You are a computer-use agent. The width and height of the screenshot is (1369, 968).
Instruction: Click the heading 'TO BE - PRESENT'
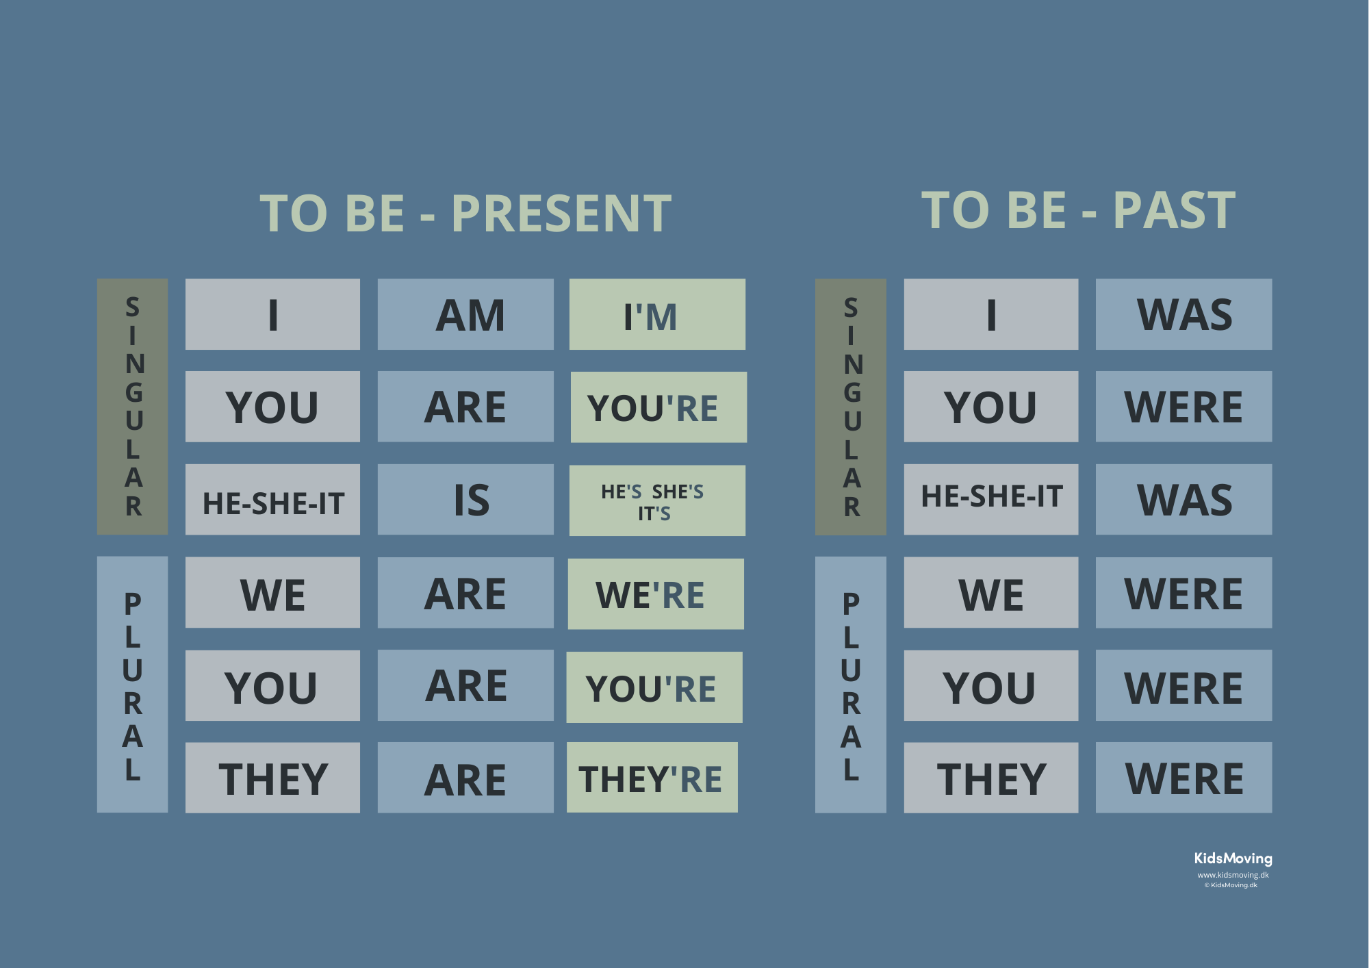coord(465,214)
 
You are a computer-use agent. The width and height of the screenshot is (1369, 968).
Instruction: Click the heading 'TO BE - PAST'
coord(1078,210)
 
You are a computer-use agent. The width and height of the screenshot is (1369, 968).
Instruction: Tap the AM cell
coord(465,314)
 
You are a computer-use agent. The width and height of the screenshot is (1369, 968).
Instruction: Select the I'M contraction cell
coord(657,314)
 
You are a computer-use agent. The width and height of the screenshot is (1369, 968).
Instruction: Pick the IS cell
coord(465,499)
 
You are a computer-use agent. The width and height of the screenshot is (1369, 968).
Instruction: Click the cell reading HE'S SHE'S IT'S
coord(657,500)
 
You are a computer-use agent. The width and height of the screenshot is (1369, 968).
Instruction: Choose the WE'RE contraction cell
coord(656,594)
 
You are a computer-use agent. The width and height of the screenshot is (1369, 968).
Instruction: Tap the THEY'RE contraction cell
coord(652,778)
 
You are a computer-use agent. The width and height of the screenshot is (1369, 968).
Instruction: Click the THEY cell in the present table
coord(272,778)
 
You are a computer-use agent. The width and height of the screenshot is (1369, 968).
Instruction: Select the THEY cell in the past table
coord(991,778)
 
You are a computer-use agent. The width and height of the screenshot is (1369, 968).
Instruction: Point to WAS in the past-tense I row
coord(1184,314)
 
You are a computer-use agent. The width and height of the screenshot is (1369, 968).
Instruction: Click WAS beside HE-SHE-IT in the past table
coord(1184,499)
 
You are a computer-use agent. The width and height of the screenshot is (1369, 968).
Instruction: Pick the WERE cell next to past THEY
coord(1184,778)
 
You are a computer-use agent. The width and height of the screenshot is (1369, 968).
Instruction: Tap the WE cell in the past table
coord(991,592)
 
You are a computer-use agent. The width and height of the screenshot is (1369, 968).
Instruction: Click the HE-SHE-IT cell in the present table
coord(272,499)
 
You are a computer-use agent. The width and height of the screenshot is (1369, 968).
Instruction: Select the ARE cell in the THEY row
coord(465,778)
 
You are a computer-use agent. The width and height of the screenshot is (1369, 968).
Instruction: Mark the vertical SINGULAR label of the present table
coord(133,407)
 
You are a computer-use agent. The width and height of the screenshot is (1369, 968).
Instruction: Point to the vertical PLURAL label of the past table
coord(851,685)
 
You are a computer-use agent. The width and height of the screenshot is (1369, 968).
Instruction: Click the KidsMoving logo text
coord(1233,858)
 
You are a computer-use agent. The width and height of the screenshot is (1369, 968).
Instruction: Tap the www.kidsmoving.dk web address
coord(1233,875)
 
